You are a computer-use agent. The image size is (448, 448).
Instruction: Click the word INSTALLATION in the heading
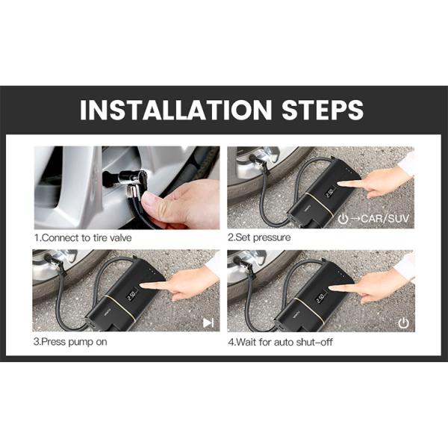[169, 109]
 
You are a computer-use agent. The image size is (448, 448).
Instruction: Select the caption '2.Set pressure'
[259, 237]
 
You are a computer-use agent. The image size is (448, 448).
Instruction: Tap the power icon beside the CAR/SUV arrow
[343, 219]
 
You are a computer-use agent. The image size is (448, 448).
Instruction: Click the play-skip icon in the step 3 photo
[208, 323]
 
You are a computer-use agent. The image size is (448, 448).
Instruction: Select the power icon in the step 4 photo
[404, 323]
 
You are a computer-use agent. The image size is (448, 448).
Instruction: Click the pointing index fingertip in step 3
[144, 284]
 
